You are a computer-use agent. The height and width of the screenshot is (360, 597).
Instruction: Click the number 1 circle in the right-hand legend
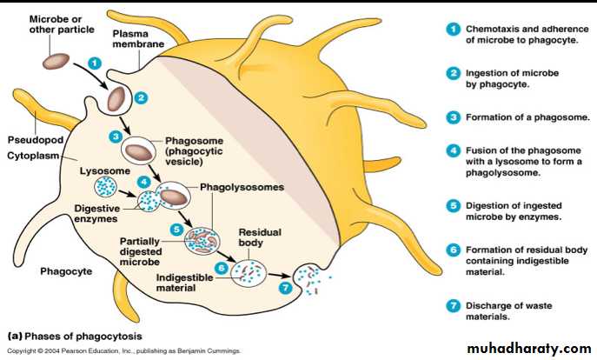coord(452,28)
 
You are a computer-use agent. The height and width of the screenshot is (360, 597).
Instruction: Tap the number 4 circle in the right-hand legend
coord(452,150)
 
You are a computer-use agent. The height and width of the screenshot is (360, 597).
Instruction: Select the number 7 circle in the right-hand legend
coord(452,305)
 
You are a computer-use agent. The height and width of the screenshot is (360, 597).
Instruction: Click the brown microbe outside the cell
coord(58,62)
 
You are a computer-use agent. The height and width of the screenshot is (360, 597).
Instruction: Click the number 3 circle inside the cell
coord(115,137)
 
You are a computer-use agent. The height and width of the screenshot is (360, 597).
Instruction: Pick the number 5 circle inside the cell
coord(176,230)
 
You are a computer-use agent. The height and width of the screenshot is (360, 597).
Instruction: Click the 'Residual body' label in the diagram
coord(257,238)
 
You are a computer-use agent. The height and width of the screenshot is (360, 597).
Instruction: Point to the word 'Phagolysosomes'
coord(242,186)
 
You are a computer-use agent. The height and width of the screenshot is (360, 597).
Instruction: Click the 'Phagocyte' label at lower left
coord(66,271)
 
